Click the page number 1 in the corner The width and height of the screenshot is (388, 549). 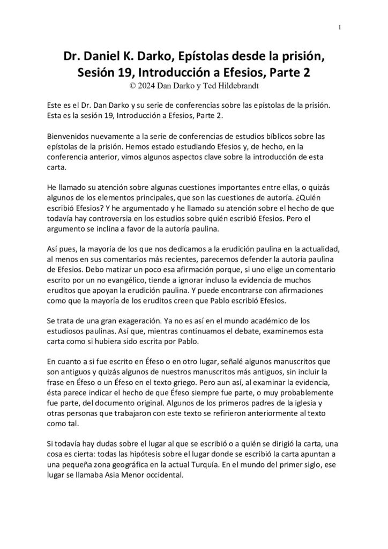[x=340, y=28]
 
